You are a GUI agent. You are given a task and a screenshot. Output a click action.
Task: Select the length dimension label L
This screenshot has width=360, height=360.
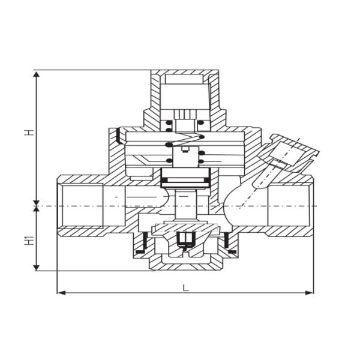[185, 287]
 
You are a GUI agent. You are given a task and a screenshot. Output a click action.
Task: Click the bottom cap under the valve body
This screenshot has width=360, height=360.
[185, 259]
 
